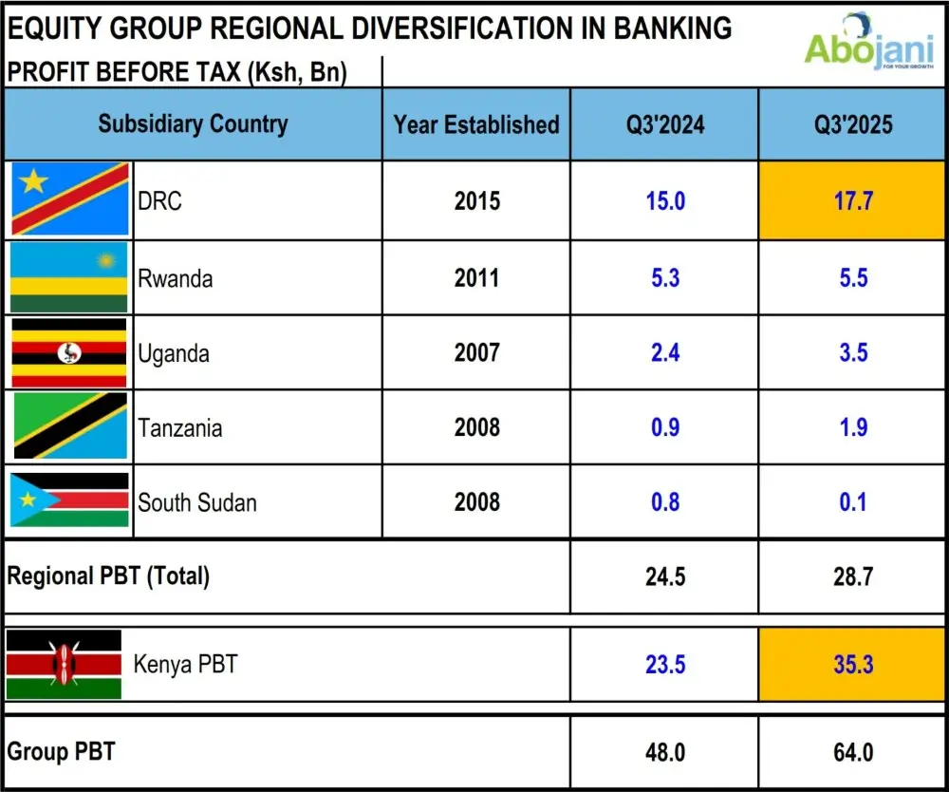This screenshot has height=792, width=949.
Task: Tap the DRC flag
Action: point(69,199)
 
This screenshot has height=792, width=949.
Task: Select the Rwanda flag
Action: point(69,277)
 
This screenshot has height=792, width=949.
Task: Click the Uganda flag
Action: point(69,352)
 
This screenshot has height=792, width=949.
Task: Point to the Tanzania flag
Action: point(69,426)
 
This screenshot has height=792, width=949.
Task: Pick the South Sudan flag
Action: point(69,500)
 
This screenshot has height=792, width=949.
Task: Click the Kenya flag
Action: point(64,664)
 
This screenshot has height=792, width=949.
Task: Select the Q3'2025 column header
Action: point(853,124)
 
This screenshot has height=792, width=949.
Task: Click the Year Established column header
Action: point(476,124)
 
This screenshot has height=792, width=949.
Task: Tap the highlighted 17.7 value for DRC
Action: point(853,201)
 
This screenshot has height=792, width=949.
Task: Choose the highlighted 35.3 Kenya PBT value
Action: point(853,664)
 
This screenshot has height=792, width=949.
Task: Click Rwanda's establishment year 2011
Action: point(476,278)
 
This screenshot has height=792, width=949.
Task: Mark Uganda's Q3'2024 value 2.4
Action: point(664,353)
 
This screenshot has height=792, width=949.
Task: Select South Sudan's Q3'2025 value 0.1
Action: point(853,501)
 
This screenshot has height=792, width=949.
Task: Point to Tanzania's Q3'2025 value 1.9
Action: point(853,427)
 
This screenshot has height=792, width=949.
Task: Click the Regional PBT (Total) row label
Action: point(108,575)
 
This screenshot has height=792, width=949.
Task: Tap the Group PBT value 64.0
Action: point(853,752)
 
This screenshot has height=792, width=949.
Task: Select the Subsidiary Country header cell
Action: point(193,124)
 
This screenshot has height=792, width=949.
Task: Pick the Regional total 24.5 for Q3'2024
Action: point(664,575)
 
